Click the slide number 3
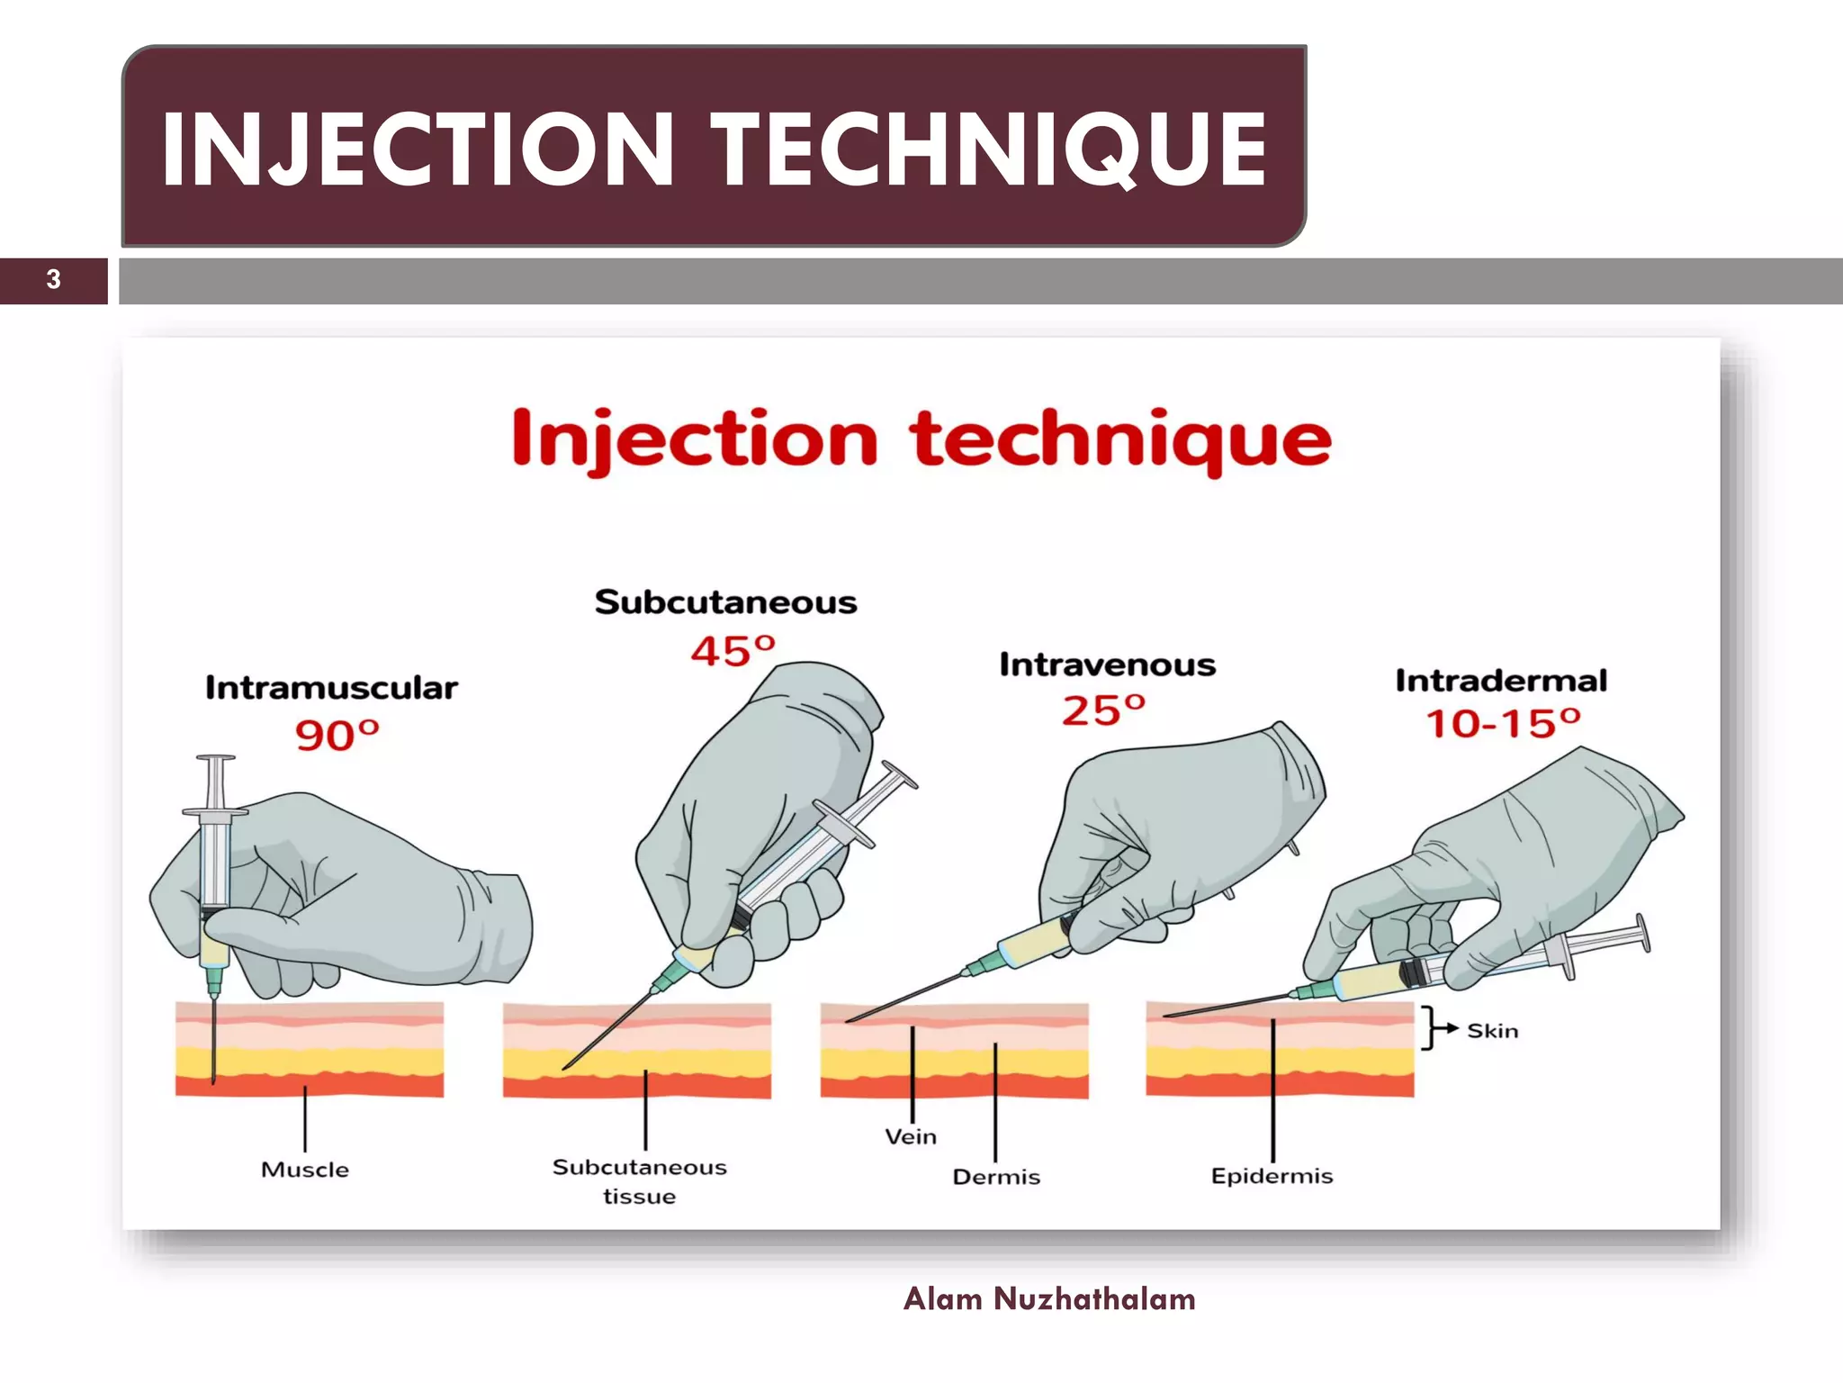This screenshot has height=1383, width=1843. coord(54,279)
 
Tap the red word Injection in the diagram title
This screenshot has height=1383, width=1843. coord(694,439)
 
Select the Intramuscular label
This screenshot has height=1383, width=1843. coord(331,688)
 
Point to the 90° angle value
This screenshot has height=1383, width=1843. coord(337,735)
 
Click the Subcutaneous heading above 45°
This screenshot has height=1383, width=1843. coord(725,602)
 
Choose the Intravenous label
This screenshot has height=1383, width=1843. coord(1107,664)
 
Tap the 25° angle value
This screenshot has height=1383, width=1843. coord(1103,710)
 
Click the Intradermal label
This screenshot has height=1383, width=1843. coord(1501,681)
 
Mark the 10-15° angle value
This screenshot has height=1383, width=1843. coord(1503,723)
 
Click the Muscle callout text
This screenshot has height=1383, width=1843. coord(305,1170)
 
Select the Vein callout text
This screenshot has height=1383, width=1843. coord(911,1136)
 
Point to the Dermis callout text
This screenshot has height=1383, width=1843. coord(996,1177)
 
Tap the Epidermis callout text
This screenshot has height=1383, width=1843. coord(1272,1176)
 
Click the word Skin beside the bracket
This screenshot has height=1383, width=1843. coord(1493,1031)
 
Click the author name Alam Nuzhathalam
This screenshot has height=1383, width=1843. coord(1049,1299)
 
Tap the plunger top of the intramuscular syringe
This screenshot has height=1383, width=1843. coord(216,759)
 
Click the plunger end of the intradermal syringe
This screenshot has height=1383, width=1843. coord(1643,933)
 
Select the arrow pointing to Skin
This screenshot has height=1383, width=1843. coord(1448,1029)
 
